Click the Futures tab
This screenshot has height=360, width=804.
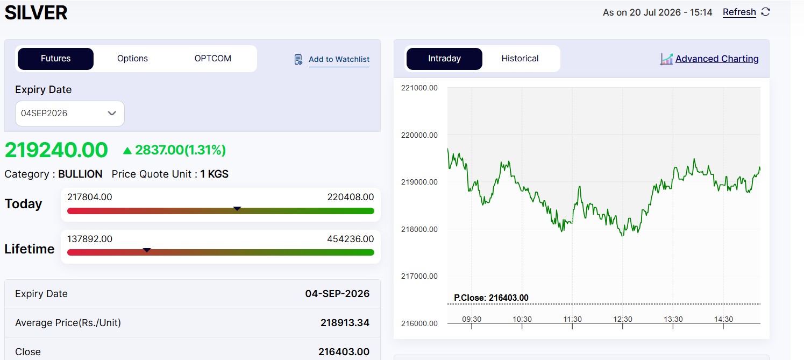point(55,59)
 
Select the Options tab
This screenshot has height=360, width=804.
point(132,59)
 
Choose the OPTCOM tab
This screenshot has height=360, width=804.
point(213,59)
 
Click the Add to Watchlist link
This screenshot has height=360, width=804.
point(339,59)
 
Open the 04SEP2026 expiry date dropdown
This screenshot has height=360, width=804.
point(69,114)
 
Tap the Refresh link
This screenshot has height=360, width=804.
point(739,12)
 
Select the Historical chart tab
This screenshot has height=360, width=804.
point(520,59)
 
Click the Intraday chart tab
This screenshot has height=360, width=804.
point(444,59)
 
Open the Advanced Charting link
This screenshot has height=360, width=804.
point(717,59)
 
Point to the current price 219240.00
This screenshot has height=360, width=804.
point(56,150)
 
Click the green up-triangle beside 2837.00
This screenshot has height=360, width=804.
point(127,151)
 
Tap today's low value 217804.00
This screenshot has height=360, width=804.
point(90,197)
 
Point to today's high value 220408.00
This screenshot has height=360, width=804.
point(351,197)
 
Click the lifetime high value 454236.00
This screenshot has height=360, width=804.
point(351,239)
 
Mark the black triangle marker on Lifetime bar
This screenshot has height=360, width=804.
point(147,250)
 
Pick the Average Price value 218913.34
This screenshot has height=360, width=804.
point(345,323)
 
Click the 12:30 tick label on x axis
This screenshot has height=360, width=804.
point(623,319)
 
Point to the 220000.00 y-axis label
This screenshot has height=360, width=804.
point(419,135)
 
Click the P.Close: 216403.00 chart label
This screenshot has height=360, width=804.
point(491,298)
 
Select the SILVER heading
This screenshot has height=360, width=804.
point(36,12)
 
